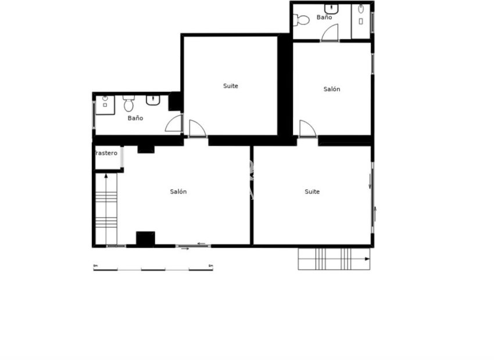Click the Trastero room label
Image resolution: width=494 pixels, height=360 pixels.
coord(106,153)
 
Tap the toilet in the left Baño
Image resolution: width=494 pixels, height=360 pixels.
coord(128,105)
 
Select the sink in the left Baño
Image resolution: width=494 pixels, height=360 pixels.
coord(153,100)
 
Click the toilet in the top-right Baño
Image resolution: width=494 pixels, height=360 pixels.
coord(302,20)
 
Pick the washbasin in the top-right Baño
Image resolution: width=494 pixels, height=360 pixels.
coord(332,9)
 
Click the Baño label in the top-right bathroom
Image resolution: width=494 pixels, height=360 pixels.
coord(324,17)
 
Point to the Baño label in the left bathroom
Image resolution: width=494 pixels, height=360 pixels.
coord(135,118)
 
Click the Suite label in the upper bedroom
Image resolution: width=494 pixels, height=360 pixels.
coord(231,86)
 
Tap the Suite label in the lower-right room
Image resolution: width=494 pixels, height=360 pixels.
coord(312,192)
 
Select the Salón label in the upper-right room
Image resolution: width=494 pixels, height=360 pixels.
coord(332,89)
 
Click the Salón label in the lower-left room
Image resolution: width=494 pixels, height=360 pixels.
coord(178,192)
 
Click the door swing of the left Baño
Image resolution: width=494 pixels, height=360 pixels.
coord(174,124)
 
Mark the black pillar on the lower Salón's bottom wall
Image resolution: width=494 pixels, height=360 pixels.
coord(145,239)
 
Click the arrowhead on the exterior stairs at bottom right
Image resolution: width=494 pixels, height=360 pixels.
coord(367,259)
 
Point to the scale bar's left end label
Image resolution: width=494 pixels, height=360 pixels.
coord(95,266)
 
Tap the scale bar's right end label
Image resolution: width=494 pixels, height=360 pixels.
coord(210,266)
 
